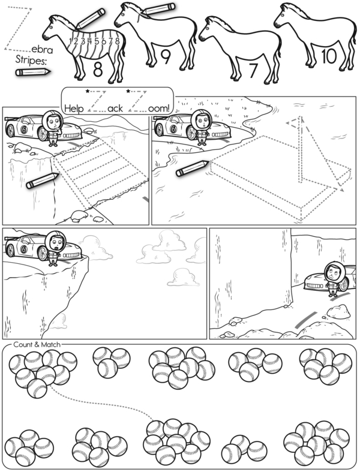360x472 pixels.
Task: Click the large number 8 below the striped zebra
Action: coord(98,69)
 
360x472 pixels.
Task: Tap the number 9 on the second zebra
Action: coord(166,56)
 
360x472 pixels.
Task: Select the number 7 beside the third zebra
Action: coord(253,70)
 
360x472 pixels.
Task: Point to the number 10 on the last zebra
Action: coord(329,56)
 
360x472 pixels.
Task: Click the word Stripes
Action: coord(31,60)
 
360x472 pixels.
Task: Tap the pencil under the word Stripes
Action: coord(33,72)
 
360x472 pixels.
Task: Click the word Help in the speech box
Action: coord(74,109)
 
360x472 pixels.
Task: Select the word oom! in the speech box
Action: coord(159,108)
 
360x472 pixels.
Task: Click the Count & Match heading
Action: coord(37,344)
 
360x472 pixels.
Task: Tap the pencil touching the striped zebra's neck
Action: coord(91,19)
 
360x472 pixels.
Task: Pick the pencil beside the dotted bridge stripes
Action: coord(43,181)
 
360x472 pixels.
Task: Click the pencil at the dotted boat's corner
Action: coord(192,169)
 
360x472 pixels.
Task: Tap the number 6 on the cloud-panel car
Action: coord(23,249)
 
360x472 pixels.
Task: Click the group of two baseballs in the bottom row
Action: coord(244,450)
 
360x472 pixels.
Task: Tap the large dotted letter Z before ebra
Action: coord(18,29)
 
